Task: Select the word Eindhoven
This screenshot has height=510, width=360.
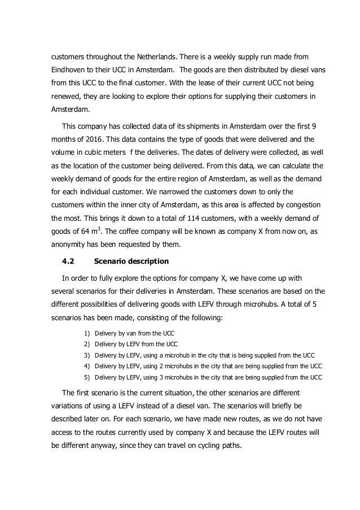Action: pyautogui.click(x=65, y=72)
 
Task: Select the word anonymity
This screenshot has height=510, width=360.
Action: pyautogui.click(x=65, y=229)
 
